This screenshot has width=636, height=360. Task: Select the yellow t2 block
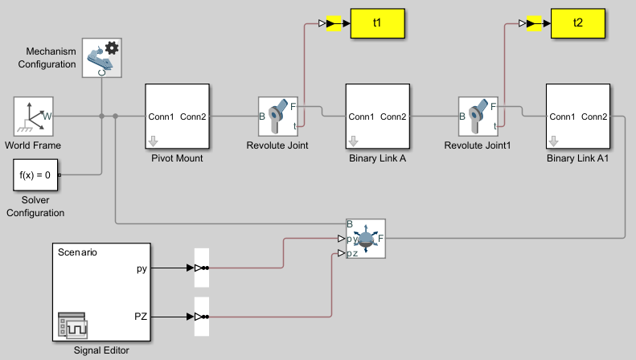pos(577,23)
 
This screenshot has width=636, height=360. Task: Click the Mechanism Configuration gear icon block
pos(102,58)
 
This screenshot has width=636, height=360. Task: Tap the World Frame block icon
pos(33,117)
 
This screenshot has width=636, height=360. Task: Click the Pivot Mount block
pos(177,117)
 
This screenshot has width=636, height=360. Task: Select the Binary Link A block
pos(377,117)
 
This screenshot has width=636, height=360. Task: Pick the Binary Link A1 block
pos(577,117)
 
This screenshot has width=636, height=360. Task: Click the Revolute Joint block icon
pos(278,117)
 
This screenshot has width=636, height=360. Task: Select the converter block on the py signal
pos(202,268)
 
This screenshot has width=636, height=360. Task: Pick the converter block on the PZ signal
pos(202,317)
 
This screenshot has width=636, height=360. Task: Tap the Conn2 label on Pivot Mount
pos(193,117)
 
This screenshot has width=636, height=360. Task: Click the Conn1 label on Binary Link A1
pos(562,117)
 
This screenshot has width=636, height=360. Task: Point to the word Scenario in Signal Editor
pos(77,252)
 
